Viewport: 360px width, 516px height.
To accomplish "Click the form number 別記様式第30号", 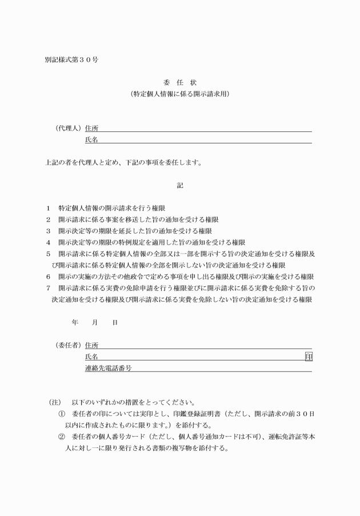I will (71, 60).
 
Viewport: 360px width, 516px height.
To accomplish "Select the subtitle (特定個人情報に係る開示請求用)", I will (179, 93).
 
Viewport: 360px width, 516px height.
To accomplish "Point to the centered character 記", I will (180, 185).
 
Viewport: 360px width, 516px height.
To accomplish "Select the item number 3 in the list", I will (49, 231).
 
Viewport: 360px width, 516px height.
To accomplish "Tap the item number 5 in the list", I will (49, 254).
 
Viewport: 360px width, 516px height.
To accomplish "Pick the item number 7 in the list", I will (49, 287).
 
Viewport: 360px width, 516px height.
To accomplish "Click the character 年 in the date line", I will (75, 323).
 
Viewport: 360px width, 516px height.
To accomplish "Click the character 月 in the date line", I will (95, 323).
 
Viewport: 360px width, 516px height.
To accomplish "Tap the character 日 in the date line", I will (115, 323).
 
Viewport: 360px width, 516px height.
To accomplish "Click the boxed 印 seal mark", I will (309, 357).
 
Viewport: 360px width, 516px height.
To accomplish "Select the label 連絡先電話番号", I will (108, 369).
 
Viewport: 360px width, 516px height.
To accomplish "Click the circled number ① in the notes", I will (62, 414).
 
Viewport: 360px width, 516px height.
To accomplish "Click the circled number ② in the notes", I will (62, 437).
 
